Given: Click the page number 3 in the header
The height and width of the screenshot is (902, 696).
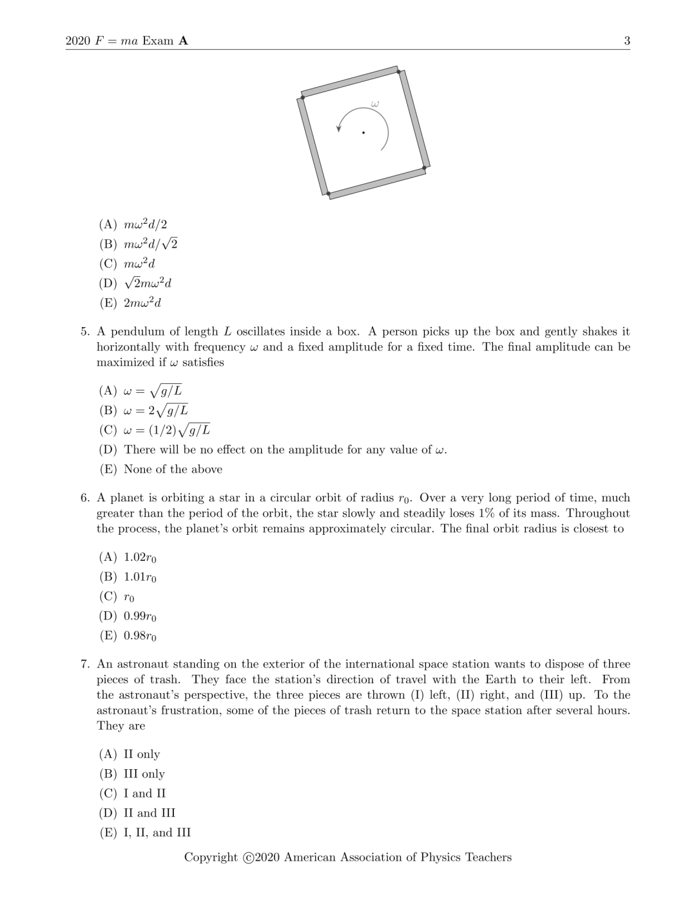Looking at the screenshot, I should point(627,41).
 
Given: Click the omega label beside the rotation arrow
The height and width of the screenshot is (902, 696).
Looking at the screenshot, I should point(374,103).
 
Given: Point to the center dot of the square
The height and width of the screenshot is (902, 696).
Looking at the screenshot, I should point(363,133).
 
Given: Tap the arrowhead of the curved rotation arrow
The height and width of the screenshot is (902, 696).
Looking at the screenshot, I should point(338,128).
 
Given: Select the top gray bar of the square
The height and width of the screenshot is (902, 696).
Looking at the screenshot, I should point(350,81).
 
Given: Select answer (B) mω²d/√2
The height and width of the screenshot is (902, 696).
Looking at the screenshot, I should point(138,244).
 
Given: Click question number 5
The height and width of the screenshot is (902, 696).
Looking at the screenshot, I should point(85,332).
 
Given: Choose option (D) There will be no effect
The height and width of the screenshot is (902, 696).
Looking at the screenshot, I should point(273,450).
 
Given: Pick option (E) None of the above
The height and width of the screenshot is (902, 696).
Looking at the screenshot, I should point(160,469).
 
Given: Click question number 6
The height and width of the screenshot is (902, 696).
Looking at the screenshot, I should point(85,498).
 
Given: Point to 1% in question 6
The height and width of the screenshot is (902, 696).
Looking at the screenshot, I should point(484,514).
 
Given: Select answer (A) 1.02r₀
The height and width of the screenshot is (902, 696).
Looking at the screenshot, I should point(128,557).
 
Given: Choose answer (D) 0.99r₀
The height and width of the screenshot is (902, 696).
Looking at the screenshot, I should point(128,616).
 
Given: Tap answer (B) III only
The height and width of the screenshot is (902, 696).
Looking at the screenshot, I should point(131,774).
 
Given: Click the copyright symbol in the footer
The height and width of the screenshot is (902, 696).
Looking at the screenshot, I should point(249,857).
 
